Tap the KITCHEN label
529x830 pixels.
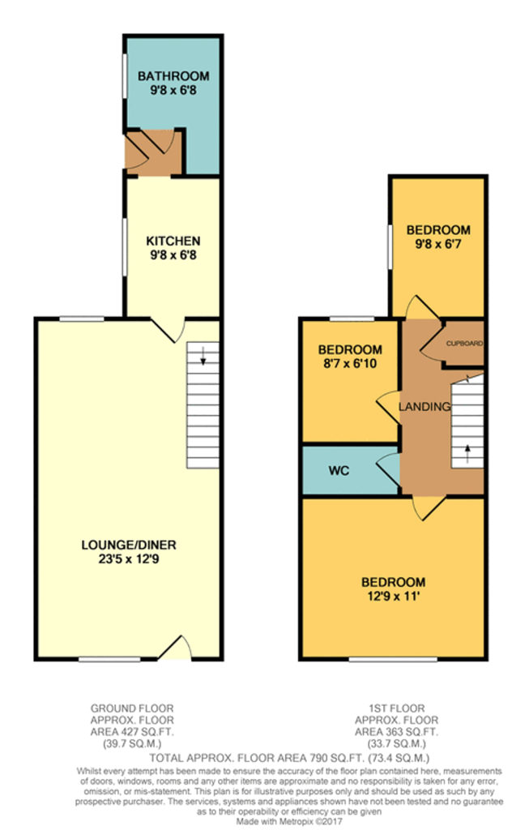pyautogui.click(x=173, y=242)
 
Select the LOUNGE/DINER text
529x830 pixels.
pyautogui.click(x=129, y=543)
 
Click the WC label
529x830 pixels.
pyautogui.click(x=339, y=471)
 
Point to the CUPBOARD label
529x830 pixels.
pyautogui.click(x=465, y=344)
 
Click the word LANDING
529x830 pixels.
pyautogui.click(x=424, y=406)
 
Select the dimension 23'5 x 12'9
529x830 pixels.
pyautogui.click(x=129, y=557)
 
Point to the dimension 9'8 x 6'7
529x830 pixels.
pyautogui.click(x=438, y=242)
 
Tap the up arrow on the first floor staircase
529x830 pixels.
pyautogui.click(x=467, y=451)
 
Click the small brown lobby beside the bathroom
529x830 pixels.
pyautogui.click(x=153, y=152)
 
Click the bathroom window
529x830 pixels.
pyautogui.click(x=124, y=82)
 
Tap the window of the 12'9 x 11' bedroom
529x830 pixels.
pyautogui.click(x=393, y=659)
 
